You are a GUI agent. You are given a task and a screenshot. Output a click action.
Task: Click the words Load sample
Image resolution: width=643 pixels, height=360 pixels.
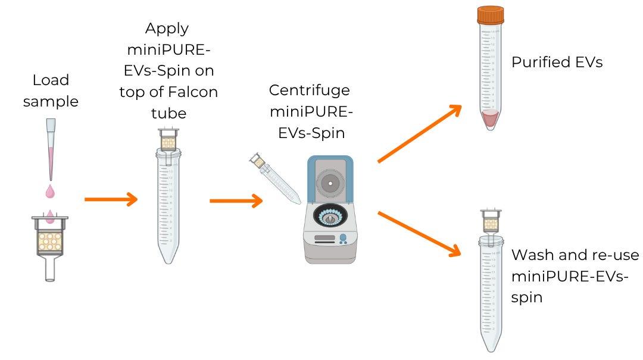(x=51, y=90)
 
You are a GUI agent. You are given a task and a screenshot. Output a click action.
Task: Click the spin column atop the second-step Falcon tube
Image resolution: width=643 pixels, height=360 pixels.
(x=168, y=141)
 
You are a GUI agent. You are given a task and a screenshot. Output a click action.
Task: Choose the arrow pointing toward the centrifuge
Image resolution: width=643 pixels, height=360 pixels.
(x=236, y=201)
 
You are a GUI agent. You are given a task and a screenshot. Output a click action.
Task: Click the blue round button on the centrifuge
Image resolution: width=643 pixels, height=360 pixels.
(x=343, y=238)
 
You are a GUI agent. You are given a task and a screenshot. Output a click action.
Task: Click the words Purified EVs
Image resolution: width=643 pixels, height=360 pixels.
(x=557, y=62)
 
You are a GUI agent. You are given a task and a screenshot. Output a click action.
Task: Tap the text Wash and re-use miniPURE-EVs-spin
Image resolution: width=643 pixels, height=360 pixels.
(x=574, y=276)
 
